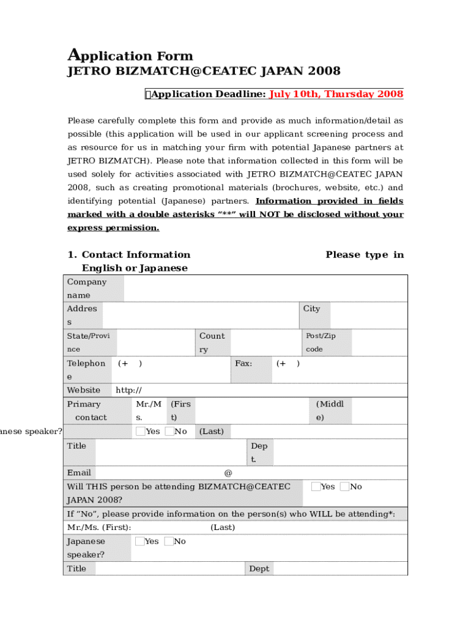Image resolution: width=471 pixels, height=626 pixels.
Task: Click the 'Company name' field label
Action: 86,289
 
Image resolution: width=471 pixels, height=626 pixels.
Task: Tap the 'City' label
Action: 311,309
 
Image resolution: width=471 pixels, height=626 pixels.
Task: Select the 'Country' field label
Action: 212,342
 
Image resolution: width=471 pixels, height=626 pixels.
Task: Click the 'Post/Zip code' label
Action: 321,342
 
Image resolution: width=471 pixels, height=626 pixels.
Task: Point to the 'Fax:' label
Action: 243,363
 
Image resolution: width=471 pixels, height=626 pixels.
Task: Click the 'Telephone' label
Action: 86,370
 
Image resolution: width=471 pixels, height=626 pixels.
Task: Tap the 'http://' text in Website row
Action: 129,390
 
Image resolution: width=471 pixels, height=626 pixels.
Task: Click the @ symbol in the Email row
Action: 228,473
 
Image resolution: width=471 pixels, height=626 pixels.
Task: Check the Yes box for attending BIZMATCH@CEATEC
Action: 316,487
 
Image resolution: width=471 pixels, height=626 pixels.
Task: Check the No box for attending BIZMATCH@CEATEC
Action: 344,487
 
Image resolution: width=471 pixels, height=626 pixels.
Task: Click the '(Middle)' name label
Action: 330,410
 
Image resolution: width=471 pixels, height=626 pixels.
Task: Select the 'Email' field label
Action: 79,473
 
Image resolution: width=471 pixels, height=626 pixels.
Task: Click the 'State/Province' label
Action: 88,342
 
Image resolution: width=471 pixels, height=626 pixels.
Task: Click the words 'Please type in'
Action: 365,255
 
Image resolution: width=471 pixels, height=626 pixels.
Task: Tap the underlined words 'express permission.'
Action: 113,228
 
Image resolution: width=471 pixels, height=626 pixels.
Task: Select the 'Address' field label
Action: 82,315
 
